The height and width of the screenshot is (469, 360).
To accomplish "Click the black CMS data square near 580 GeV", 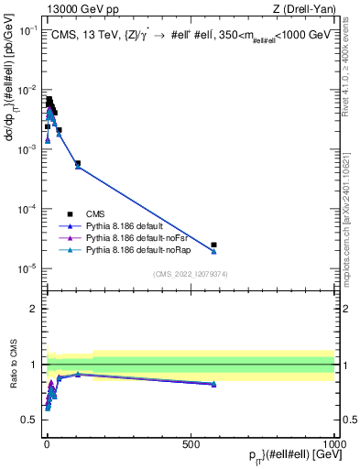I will (213, 245).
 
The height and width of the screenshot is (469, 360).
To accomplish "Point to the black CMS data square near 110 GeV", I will (78, 163).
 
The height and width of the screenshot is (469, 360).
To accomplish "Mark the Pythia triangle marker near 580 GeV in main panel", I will (213, 251).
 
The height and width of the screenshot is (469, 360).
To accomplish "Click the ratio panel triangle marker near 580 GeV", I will (213, 384).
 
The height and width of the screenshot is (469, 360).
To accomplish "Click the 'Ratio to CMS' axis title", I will (12, 365).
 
